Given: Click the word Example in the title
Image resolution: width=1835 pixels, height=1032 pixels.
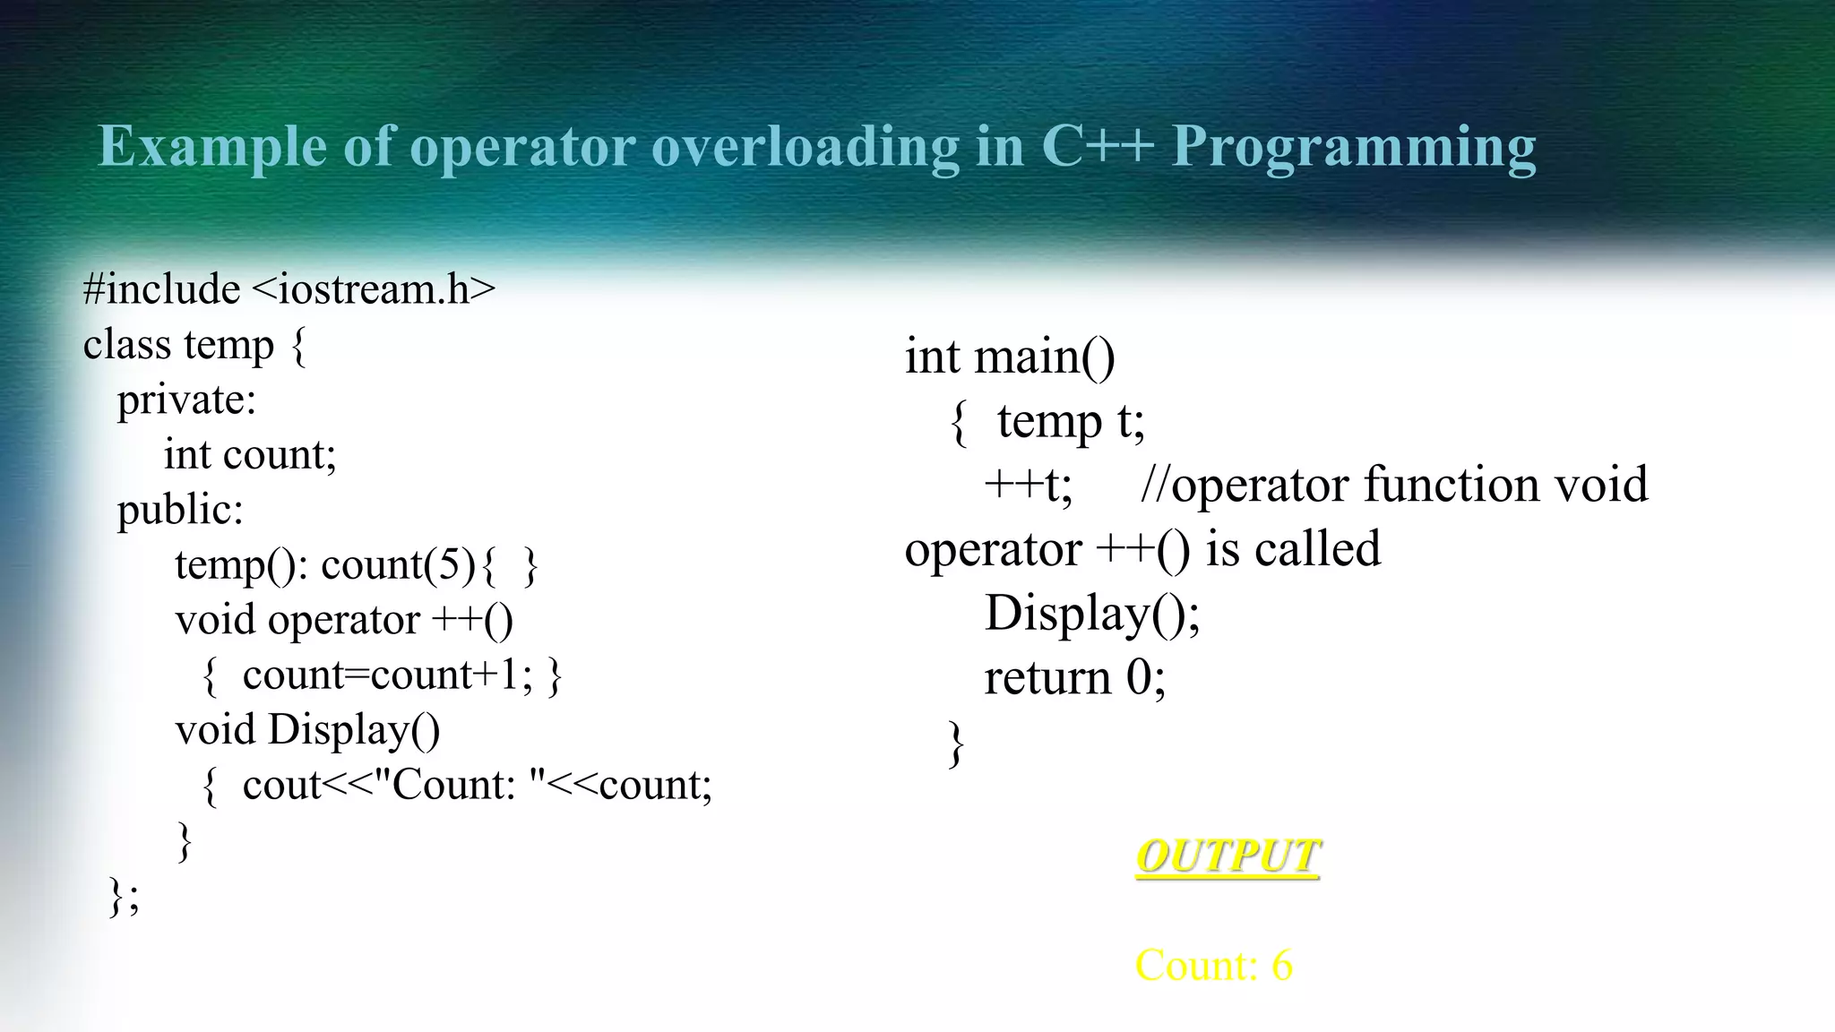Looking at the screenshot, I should tap(212, 146).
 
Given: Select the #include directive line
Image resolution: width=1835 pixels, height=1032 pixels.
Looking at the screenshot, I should tap(289, 289).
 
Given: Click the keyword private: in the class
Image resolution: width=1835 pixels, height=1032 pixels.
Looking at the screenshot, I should tap(186, 400).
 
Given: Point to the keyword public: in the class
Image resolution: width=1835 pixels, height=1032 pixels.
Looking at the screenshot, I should tap(180, 510).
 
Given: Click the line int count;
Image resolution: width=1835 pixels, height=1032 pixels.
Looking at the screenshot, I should tap(250, 454).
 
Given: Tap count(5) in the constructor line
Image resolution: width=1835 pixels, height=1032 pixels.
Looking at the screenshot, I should tap(398, 564).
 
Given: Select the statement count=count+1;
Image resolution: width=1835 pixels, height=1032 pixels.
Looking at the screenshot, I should tap(387, 675).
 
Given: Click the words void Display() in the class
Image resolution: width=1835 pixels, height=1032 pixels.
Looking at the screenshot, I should tap(307, 729).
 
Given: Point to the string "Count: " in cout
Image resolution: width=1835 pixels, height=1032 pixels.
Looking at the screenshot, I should tap(460, 785).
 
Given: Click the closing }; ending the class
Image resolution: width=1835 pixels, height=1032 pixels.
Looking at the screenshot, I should tap(124, 895).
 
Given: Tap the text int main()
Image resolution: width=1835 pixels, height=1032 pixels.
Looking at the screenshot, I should tap(1010, 357).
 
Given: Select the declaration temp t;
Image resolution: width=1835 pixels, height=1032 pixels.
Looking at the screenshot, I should tap(1071, 420).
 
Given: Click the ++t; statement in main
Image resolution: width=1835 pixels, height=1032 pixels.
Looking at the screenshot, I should tap(1028, 485).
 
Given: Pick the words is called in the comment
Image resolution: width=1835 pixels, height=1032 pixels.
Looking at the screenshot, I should tap(1293, 548).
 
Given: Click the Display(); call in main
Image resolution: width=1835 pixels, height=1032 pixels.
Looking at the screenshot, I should tap(1092, 614).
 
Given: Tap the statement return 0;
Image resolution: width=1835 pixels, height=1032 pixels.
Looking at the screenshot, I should tap(1074, 677).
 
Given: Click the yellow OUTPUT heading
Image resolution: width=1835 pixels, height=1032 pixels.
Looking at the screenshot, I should tap(1228, 856).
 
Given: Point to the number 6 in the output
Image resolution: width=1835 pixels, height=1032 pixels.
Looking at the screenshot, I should tap(1281, 966).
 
